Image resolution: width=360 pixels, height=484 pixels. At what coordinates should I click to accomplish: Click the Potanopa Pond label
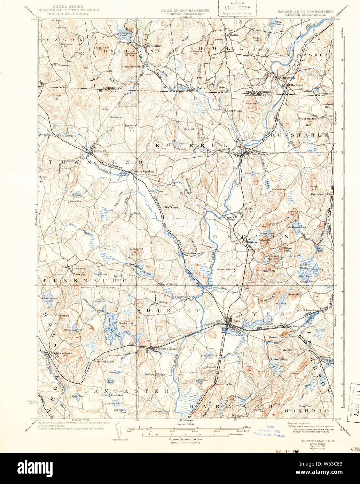pyautogui.click(x=121, y=34)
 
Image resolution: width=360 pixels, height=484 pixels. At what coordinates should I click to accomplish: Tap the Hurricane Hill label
pyautogui.click(x=66, y=45)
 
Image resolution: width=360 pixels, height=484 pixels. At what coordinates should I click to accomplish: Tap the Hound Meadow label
pyautogui.click(x=307, y=119)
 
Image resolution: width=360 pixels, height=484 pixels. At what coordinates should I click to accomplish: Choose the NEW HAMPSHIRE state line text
pyautogui.click(x=257, y=91)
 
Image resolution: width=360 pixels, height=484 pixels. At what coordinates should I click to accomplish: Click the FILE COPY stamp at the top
pyautogui.click(x=237, y=8)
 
